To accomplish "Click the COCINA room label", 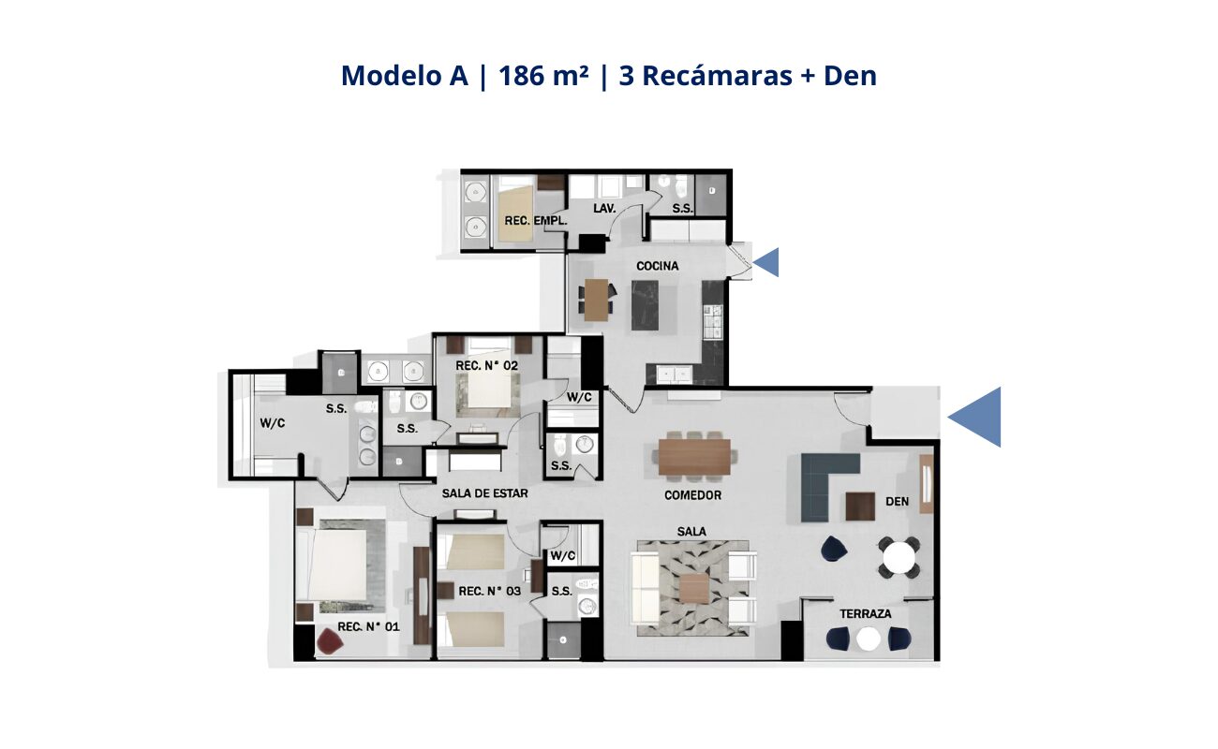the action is pyautogui.click(x=658, y=266).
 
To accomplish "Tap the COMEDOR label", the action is pyautogui.click(x=692, y=495).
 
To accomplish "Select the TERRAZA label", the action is pyautogui.click(x=865, y=613).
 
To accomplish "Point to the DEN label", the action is pyautogui.click(x=898, y=501).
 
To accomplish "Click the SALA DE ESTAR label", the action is pyautogui.click(x=484, y=493).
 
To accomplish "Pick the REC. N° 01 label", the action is pyautogui.click(x=368, y=626).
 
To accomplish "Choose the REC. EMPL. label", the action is pyautogui.click(x=536, y=221).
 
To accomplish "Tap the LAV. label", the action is pyautogui.click(x=604, y=208).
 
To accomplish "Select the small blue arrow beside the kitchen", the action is pyautogui.click(x=766, y=262).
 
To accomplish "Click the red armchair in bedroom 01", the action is pyautogui.click(x=330, y=641).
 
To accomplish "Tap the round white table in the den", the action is pyautogui.click(x=899, y=557).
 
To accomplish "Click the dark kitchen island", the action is pyautogui.click(x=645, y=305).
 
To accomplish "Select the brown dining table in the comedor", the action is pyautogui.click(x=694, y=457).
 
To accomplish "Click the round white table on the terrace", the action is pyautogui.click(x=869, y=639).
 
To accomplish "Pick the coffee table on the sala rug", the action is pyautogui.click(x=694, y=589).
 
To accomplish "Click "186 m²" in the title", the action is pyautogui.click(x=543, y=76).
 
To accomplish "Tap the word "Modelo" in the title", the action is pyautogui.click(x=392, y=76).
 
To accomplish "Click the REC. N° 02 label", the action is pyautogui.click(x=486, y=366).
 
